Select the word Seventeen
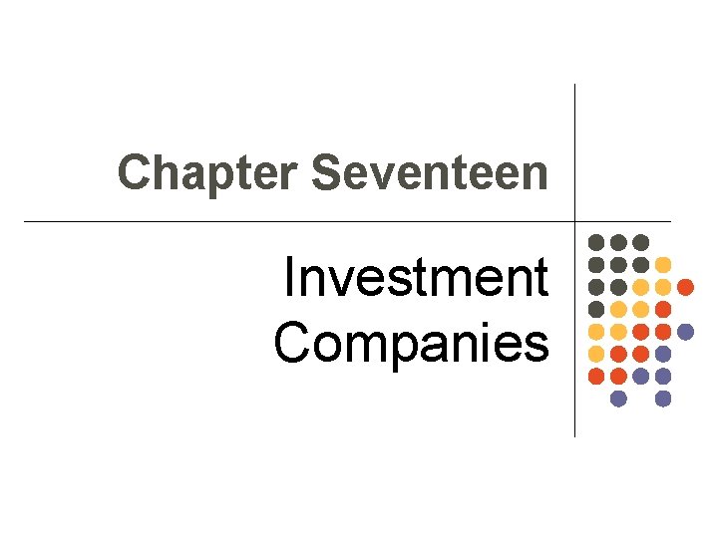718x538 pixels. pyautogui.click(x=429, y=172)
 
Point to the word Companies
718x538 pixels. pyautogui.click(x=411, y=343)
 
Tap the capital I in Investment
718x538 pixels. pyautogui.click(x=288, y=279)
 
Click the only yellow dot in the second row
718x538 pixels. pyautogui.click(x=663, y=265)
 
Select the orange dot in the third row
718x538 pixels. pyautogui.click(x=685, y=287)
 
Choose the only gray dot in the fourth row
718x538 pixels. pyautogui.click(x=596, y=309)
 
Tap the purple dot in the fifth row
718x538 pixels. pyautogui.click(x=685, y=331)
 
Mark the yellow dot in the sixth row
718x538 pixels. pyautogui.click(x=596, y=354)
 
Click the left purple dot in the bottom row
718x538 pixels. pyautogui.click(x=618, y=399)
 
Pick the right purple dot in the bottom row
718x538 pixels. pyautogui.click(x=663, y=399)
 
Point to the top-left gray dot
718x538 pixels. pyautogui.click(x=596, y=242)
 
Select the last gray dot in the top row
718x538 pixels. pyautogui.click(x=641, y=242)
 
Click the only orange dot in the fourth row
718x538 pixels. pyautogui.click(x=663, y=309)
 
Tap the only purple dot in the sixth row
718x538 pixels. pyautogui.click(x=663, y=354)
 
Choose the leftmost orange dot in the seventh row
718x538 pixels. pyautogui.click(x=596, y=376)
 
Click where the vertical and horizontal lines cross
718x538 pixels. pyautogui.click(x=575, y=220)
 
